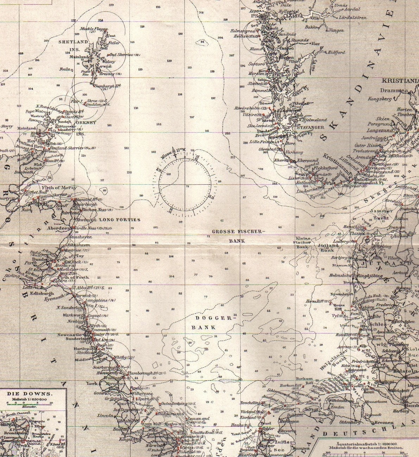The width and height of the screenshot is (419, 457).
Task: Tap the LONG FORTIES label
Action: click(120, 220)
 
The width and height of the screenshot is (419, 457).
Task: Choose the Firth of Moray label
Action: click(61, 188)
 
